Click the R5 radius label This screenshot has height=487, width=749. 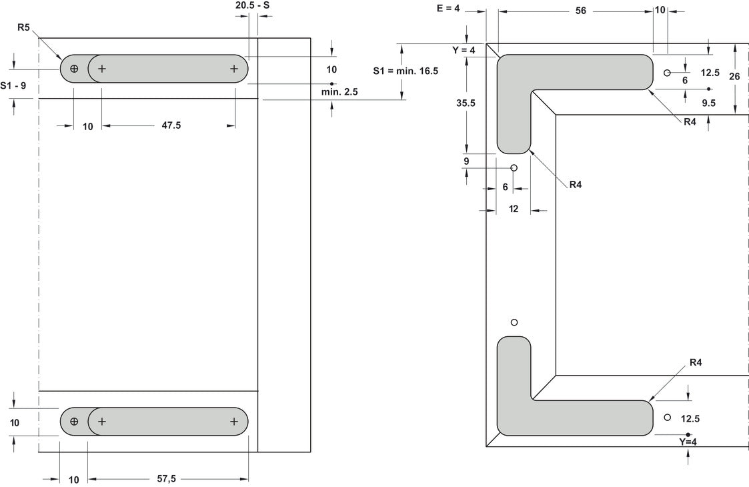coord(25,27)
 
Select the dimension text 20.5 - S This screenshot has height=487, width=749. coord(253,5)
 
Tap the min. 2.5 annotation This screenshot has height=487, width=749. coord(339,92)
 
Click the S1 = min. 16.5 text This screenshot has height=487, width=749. coord(406,71)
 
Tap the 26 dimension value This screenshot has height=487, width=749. coord(734,77)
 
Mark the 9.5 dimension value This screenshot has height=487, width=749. coord(708,103)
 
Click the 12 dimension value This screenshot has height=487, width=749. coord(514,209)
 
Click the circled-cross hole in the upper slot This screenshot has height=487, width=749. coord(74,69)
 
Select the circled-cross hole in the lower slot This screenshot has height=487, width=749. coord(74,422)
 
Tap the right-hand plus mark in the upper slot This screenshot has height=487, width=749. coord(234,69)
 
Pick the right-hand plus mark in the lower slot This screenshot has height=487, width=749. coord(234,422)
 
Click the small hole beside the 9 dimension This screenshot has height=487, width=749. coord(514,167)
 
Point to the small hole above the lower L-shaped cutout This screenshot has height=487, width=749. coord(514,323)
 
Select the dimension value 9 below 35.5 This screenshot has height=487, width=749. coord(467,161)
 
